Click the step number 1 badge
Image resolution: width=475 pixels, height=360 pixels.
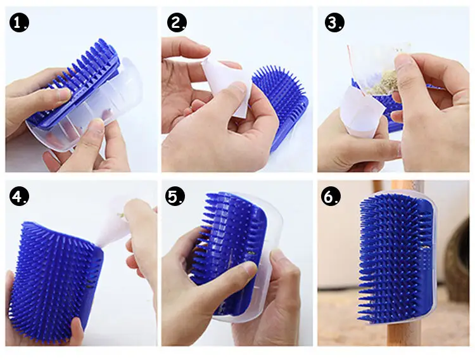pyautogui.click(x=18, y=23)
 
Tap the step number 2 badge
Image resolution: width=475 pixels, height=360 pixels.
pyautogui.click(x=177, y=23)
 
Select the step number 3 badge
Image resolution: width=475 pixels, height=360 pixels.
pyautogui.click(x=334, y=23)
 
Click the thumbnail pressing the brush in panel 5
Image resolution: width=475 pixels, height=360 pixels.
pyautogui.click(x=250, y=269)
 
